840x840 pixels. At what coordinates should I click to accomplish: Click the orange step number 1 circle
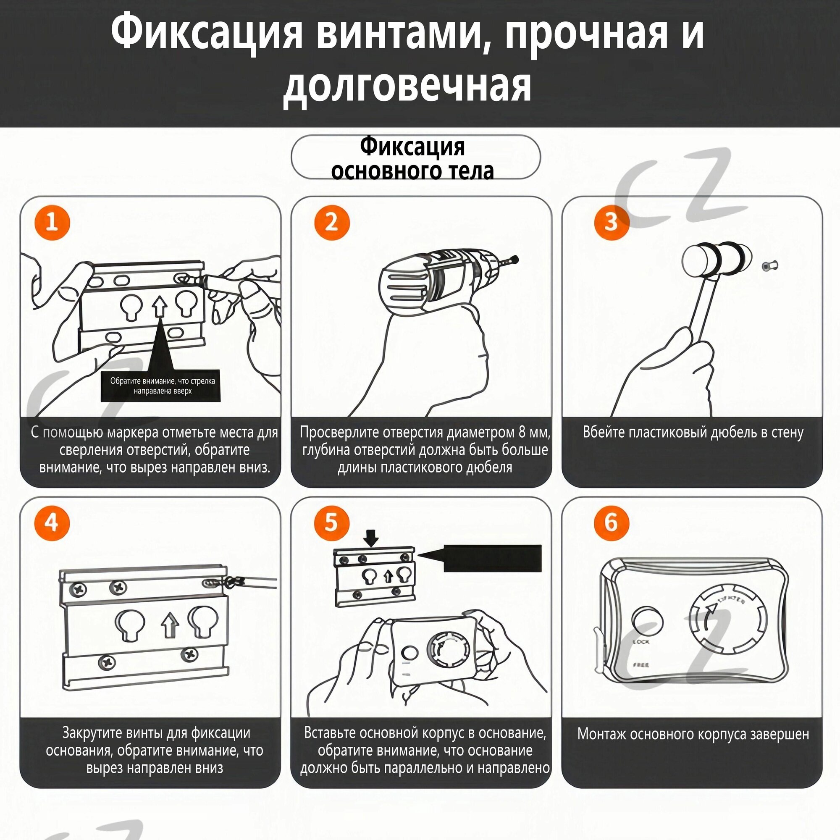click(52, 223)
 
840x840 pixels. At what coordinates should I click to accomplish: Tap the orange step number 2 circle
click(332, 223)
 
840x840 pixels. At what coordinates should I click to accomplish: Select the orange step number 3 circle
click(611, 223)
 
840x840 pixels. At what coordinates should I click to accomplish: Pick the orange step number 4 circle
click(52, 522)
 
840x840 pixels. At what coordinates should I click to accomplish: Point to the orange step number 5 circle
click(332, 522)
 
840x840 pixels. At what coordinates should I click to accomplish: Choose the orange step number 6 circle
click(611, 522)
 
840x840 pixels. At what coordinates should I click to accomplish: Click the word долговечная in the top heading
click(407, 86)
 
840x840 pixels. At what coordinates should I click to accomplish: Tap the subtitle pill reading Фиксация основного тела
click(415, 157)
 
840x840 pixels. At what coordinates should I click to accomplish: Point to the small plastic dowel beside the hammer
click(770, 266)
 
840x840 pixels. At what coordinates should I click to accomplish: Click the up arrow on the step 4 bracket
click(170, 625)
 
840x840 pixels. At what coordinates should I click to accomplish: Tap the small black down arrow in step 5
click(371, 540)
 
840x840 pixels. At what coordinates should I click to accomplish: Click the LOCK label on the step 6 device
click(641, 642)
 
